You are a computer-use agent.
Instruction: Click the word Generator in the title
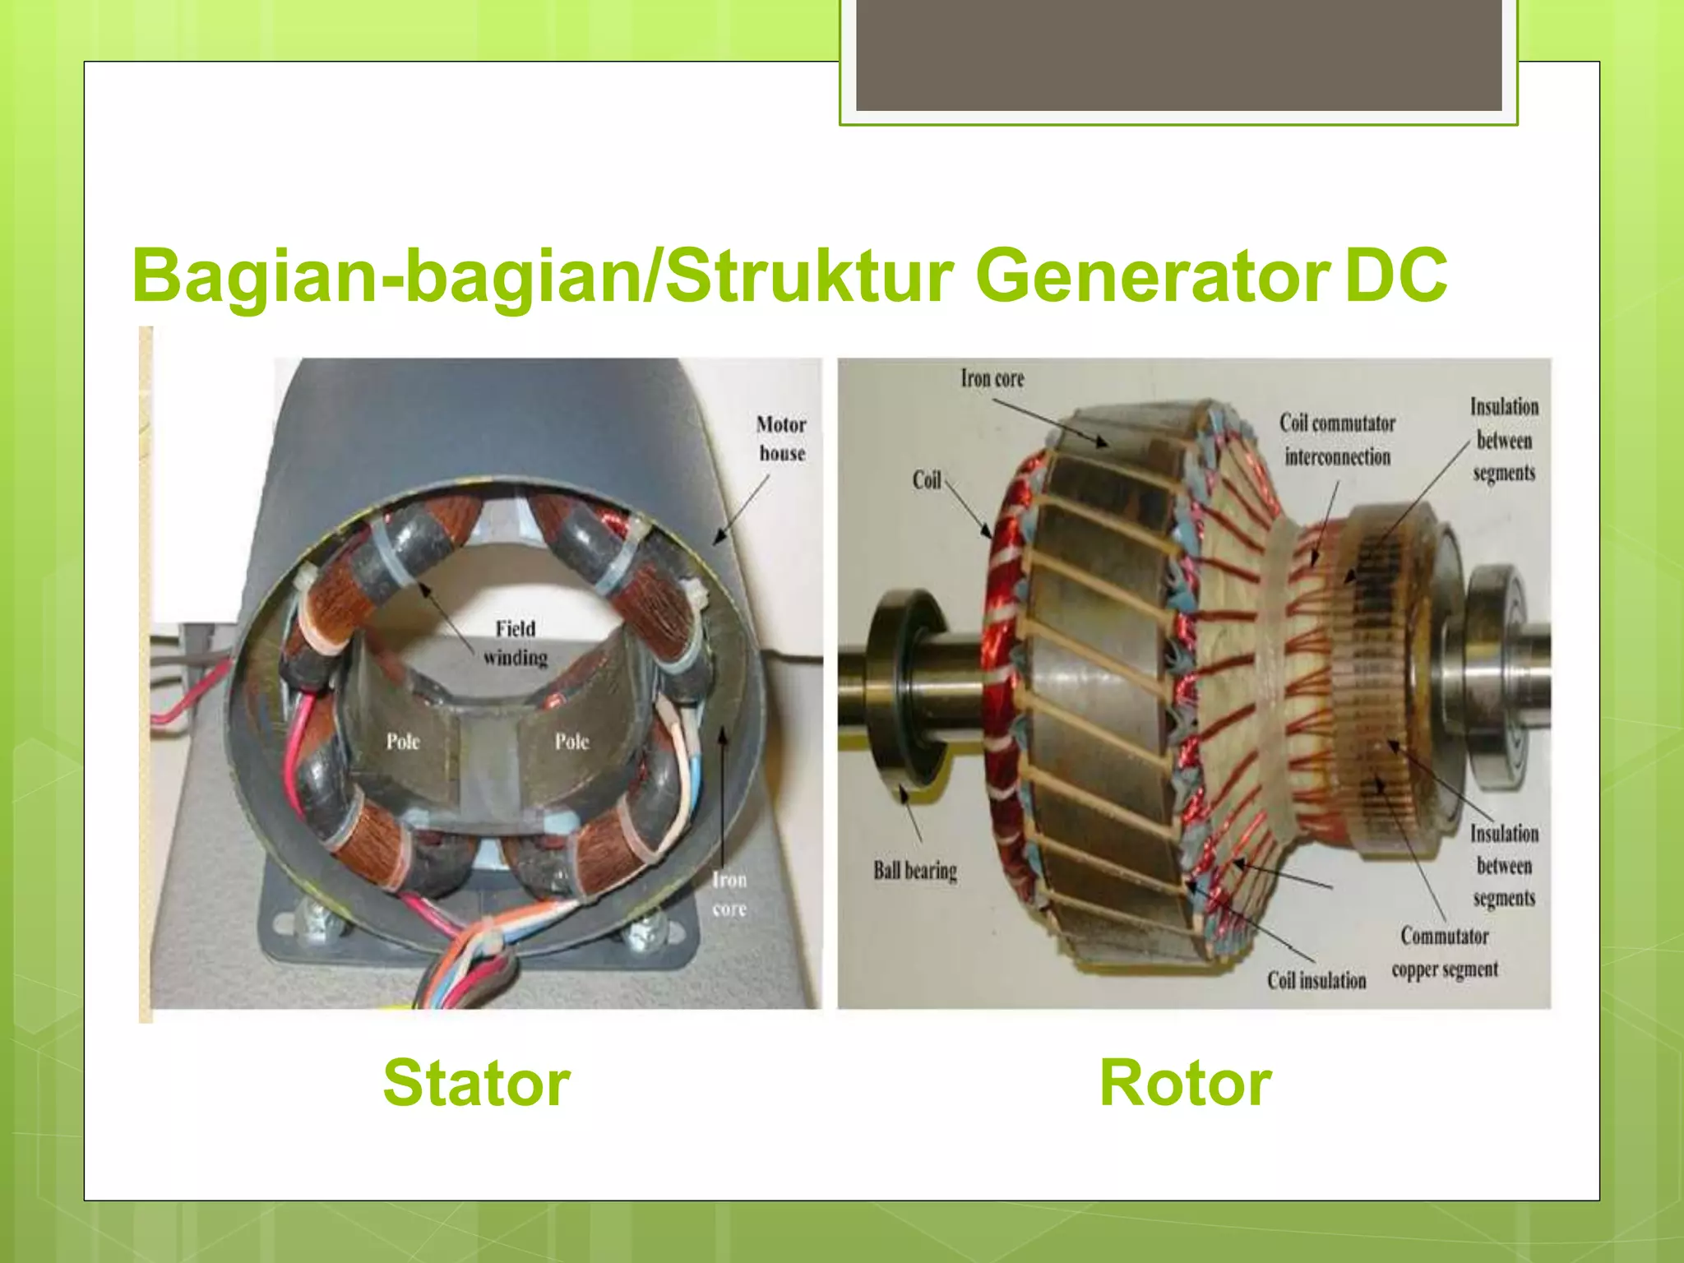pos(1152,275)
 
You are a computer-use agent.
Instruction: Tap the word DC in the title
pos(1395,275)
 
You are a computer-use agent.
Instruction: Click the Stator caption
pos(476,1083)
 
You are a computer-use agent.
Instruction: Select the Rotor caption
pos(1185,1083)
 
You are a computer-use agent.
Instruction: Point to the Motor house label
pos(781,439)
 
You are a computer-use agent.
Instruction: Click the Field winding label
pos(516,643)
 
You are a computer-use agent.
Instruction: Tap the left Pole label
pos(403,742)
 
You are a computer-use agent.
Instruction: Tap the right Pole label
pos(571,742)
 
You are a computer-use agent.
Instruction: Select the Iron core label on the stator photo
pos(729,894)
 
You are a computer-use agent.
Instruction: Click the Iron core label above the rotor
pos(992,378)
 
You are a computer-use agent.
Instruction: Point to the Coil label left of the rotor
pos(927,480)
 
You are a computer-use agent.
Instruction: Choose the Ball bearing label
pos(915,870)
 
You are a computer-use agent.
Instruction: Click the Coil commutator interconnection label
pos(1337,440)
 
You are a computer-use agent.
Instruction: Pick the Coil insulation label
pos(1316,980)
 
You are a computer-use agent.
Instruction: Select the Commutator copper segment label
pos(1445,953)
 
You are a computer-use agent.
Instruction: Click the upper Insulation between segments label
pos(1504,440)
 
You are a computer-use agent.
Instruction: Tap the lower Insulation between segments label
pos(1504,866)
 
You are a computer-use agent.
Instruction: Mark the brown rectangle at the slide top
pos(1178,55)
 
